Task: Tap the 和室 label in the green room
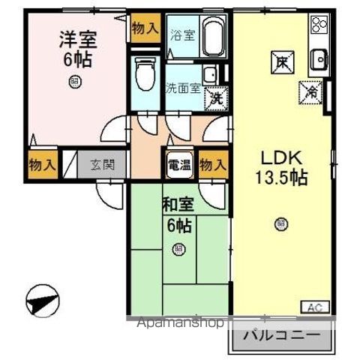(x=178, y=204)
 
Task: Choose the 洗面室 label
(x=182, y=87)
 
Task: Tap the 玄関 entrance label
(x=102, y=164)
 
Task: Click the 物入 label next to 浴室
(x=145, y=28)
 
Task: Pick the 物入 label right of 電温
(x=213, y=165)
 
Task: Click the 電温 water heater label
(x=178, y=165)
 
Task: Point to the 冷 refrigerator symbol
(x=310, y=91)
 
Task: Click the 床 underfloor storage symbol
(x=280, y=63)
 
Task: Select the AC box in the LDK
(x=315, y=307)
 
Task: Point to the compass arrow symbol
(x=42, y=303)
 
